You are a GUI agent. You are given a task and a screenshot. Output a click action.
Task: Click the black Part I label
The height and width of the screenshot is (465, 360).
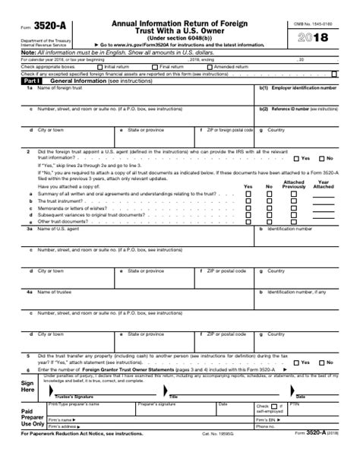tap(31, 80)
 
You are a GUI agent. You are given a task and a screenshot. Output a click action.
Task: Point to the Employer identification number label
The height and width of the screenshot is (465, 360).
tap(302, 87)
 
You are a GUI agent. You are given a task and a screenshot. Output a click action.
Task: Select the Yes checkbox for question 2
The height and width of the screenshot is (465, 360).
tap(296, 158)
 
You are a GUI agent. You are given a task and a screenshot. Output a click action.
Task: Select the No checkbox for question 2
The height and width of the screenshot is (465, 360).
tap(321, 158)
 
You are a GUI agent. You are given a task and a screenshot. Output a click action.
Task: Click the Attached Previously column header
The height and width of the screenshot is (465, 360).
tap(294, 185)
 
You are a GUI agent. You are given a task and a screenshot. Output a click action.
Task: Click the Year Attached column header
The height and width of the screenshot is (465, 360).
tap(324, 185)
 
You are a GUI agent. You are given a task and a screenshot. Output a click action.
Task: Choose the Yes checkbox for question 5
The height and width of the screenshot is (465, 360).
tap(296, 362)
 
